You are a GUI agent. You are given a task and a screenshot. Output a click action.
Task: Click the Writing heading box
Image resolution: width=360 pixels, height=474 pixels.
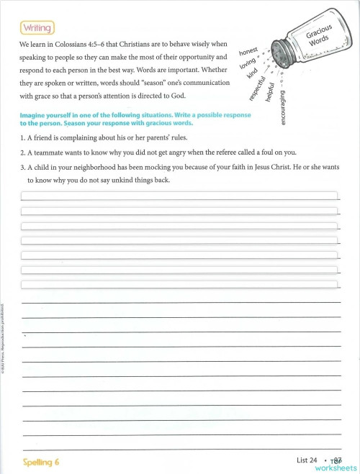37,27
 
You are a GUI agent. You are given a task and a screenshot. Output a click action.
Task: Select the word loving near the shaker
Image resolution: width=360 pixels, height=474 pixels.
249,66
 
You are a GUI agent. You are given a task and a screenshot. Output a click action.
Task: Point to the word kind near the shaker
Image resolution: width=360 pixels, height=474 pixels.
252,76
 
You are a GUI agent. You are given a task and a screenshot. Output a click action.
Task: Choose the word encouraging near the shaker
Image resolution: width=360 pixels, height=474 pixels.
283,108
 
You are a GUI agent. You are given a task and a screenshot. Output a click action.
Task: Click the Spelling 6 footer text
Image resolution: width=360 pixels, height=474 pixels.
37,462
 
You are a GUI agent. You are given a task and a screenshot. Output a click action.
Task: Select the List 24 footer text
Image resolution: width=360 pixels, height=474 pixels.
307,460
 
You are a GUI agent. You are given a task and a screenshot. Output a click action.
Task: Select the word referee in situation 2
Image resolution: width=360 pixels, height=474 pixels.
242,152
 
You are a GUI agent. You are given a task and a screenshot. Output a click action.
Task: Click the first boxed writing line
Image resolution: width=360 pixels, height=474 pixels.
179,195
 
